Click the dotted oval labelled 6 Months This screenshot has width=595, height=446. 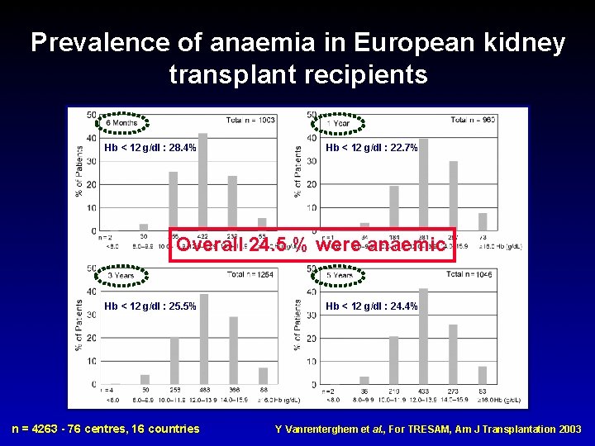[121, 122]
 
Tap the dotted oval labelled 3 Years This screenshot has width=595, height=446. [121, 275]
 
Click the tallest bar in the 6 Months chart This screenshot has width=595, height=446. [202, 182]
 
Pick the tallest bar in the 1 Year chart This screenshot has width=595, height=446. [424, 184]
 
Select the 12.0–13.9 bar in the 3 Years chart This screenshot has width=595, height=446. [203, 339]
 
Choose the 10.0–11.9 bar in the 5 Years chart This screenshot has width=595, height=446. [393, 360]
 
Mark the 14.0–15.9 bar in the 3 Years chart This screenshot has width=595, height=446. [233, 350]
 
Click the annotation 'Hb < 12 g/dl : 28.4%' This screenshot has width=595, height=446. [150, 148]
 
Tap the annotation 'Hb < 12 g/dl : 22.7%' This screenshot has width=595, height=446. [371, 148]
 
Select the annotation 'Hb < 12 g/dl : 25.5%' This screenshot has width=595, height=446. [150, 306]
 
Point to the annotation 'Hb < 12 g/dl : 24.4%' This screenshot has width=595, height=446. [371, 306]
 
